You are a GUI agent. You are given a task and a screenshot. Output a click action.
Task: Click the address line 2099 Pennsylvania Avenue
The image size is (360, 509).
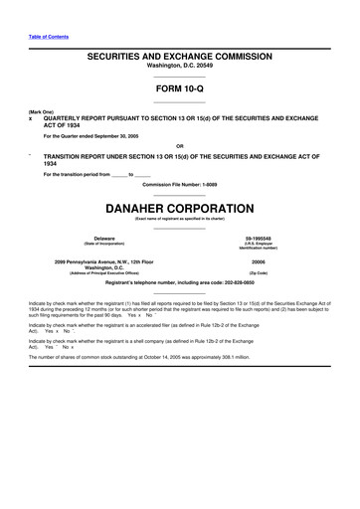coord(103,260)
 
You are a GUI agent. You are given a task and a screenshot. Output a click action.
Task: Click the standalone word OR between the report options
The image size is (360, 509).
coord(180,146)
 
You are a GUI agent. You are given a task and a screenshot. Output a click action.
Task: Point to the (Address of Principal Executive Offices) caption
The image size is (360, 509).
coord(103,272)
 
